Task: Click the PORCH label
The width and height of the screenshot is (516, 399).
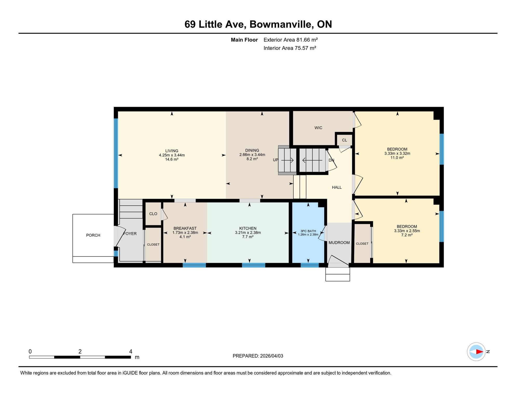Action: [x=93, y=235]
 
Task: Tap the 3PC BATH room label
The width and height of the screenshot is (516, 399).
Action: [x=308, y=231]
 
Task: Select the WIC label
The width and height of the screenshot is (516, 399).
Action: [x=318, y=128]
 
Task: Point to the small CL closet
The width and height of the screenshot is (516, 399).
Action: [x=344, y=140]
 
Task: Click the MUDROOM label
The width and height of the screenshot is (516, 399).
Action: [x=339, y=243]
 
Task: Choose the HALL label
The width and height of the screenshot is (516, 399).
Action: [x=337, y=187]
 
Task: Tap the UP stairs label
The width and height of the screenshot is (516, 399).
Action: [x=275, y=160]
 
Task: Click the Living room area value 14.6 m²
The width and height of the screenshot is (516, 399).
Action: [x=172, y=159]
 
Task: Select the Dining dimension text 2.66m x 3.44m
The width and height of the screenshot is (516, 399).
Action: [x=252, y=155]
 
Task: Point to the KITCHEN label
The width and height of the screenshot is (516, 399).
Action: [x=248, y=228]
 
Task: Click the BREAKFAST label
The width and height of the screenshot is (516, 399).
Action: [x=185, y=228]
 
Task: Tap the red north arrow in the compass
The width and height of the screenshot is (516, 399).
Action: [x=479, y=352]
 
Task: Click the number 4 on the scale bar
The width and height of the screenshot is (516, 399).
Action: [x=131, y=351]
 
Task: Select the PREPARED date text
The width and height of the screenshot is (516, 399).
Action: [x=258, y=356]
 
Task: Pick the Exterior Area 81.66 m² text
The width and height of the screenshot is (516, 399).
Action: [x=290, y=40]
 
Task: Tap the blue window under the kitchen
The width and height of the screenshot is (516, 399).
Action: [x=254, y=265]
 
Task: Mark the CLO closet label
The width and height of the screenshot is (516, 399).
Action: [x=153, y=214]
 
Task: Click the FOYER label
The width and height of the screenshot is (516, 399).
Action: [x=130, y=234]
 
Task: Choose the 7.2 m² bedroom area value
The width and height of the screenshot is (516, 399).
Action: [x=407, y=235]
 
